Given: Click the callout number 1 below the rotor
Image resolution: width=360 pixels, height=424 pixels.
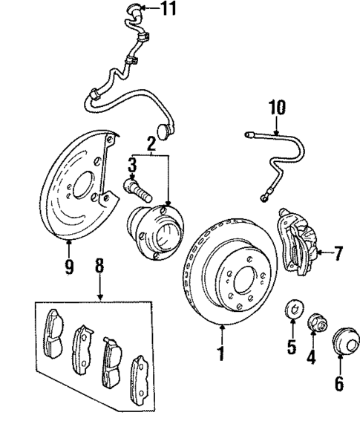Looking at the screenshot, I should click(220, 351).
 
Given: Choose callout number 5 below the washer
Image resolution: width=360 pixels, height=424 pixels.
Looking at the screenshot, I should click(291, 346).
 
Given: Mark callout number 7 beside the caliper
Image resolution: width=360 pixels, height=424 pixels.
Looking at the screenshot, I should click(338, 254).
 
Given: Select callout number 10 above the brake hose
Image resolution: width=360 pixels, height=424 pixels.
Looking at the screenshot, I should click(276, 108).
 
